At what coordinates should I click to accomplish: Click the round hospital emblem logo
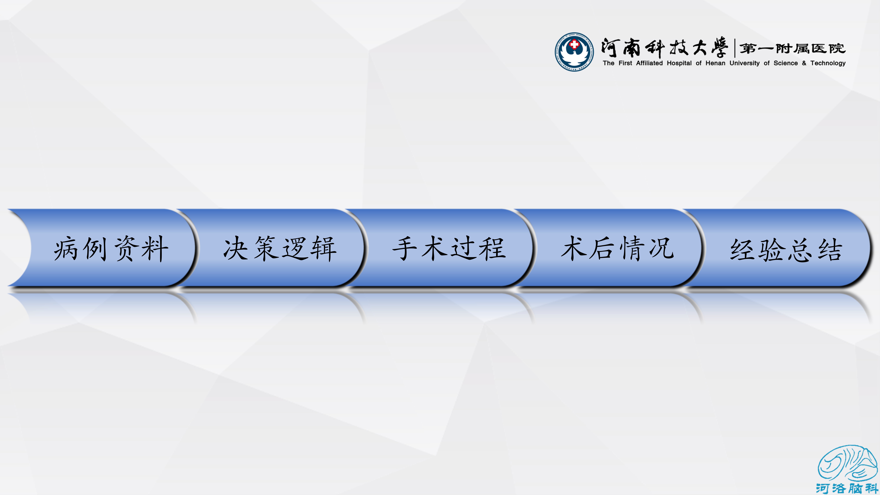[x=574, y=52]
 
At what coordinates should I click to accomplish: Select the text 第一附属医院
[x=793, y=49]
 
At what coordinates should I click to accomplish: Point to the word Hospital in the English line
[x=679, y=63]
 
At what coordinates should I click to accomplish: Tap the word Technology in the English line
[x=828, y=63]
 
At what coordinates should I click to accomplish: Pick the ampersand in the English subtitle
[x=804, y=63]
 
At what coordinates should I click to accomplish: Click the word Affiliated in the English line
[x=649, y=63]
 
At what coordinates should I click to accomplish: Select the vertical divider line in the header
[x=734, y=48]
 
